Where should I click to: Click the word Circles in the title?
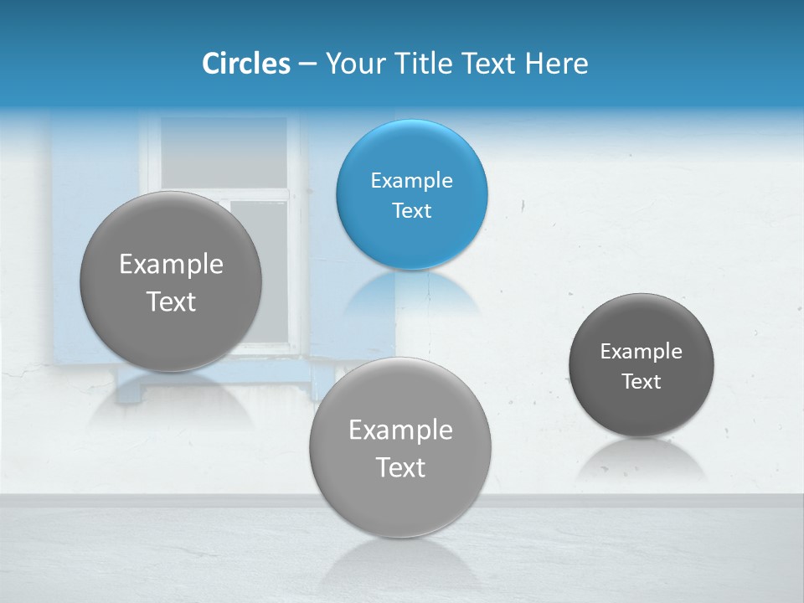(245, 64)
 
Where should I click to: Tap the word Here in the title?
(557, 64)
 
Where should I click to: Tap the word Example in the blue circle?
(411, 181)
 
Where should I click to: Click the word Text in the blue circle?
(411, 211)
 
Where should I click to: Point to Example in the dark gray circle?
(641, 352)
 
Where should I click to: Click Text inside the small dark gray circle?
(641, 382)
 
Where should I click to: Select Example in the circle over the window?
(171, 265)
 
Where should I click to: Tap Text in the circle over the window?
(171, 301)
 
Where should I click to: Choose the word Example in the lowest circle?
(400, 430)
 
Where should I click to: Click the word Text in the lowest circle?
(400, 467)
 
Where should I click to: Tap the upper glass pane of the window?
(223, 151)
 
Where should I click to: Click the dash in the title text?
(307, 64)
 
